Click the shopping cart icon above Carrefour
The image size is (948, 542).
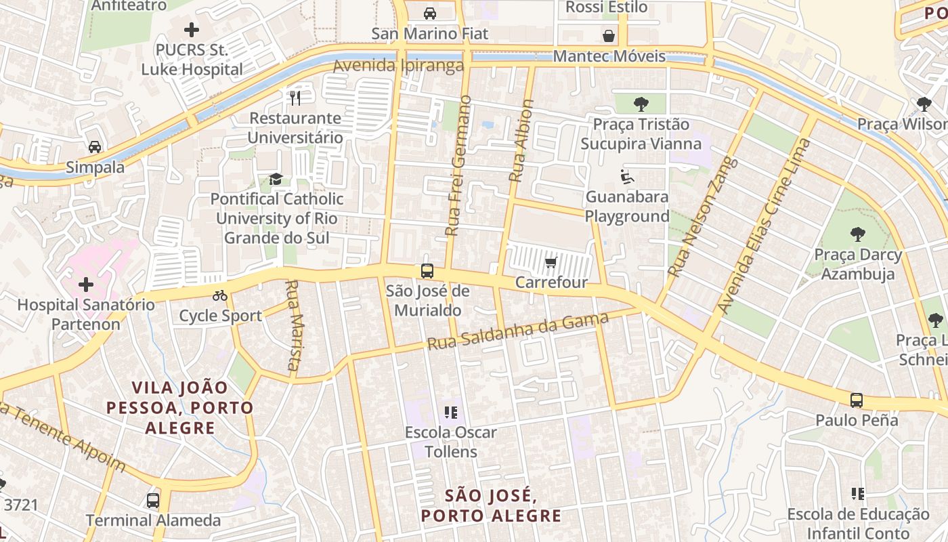pyautogui.click(x=551, y=262)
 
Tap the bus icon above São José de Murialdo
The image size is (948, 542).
pyautogui.click(x=427, y=271)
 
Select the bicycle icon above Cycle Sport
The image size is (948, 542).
pyautogui.click(x=220, y=295)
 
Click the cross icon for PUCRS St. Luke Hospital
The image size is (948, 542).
pyautogui.click(x=192, y=30)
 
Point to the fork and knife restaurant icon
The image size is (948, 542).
pyautogui.click(x=295, y=98)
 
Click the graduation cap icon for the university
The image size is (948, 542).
pyautogui.click(x=276, y=179)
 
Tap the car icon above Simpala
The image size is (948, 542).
pyautogui.click(x=95, y=147)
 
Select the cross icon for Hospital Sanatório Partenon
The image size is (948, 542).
pyautogui.click(x=86, y=285)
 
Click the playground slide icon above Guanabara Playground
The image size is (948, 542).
pyautogui.click(x=627, y=177)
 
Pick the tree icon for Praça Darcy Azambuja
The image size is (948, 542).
pyautogui.click(x=858, y=234)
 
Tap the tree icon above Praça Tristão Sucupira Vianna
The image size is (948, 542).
pyautogui.click(x=641, y=104)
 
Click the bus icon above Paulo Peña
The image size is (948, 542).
pyautogui.click(x=857, y=400)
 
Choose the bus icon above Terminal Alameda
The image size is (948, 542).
pyautogui.click(x=153, y=501)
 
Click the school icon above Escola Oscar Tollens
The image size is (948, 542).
pyautogui.click(x=451, y=412)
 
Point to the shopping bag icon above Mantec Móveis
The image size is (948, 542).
pyautogui.click(x=609, y=36)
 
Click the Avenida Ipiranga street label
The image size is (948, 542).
pyautogui.click(x=398, y=66)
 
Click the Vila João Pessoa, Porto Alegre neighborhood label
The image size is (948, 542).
pyautogui.click(x=179, y=408)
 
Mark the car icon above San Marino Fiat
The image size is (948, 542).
pyautogui.click(x=429, y=13)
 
